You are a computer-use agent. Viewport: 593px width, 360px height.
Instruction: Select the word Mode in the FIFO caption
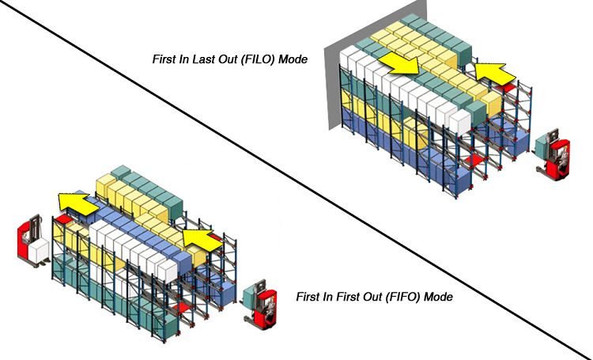pyautogui.click(x=438, y=298)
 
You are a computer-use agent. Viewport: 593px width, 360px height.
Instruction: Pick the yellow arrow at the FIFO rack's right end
pyautogui.click(x=197, y=238)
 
